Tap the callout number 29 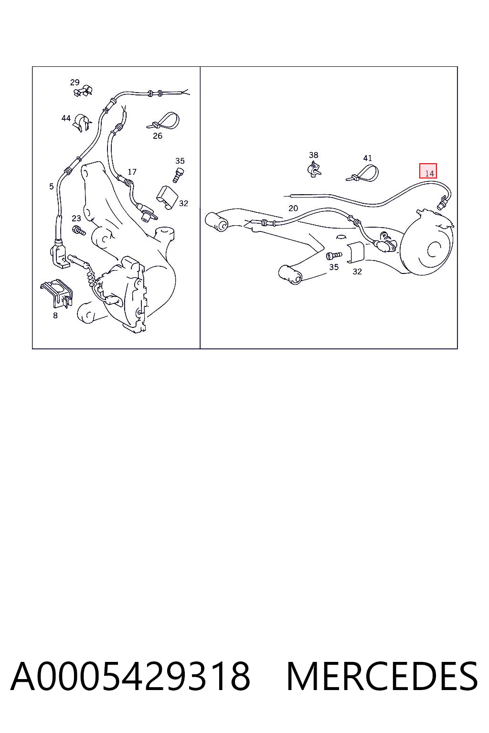click(x=74, y=82)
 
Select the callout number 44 click(x=66, y=118)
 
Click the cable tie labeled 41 click(x=363, y=174)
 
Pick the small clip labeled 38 click(x=314, y=168)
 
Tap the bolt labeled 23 click(x=79, y=230)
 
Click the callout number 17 click(x=132, y=172)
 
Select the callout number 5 click(x=52, y=187)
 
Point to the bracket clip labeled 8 click(x=57, y=293)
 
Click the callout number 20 click(x=293, y=208)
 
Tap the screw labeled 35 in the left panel click(x=178, y=175)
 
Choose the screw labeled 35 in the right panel click(x=334, y=255)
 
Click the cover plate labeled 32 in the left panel click(x=167, y=197)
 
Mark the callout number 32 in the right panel click(x=357, y=272)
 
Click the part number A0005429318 click(x=130, y=676)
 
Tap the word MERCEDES click(x=382, y=676)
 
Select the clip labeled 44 click(x=82, y=123)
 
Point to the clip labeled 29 click(x=83, y=90)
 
